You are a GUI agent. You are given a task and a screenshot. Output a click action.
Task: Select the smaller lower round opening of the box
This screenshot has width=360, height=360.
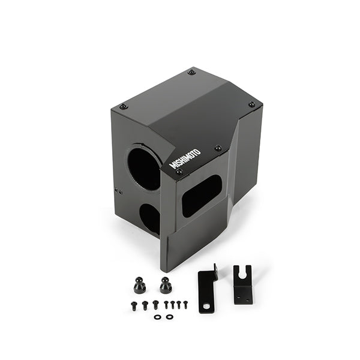point(150,219)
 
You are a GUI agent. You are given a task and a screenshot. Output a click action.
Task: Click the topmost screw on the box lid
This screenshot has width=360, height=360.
point(191,72)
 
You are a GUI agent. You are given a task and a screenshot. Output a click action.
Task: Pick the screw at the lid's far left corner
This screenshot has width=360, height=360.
point(124,107)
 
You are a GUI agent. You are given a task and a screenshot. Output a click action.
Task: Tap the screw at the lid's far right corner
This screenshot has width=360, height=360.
point(251,104)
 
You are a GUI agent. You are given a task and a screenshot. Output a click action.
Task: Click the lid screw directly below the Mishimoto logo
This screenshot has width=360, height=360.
point(179,172)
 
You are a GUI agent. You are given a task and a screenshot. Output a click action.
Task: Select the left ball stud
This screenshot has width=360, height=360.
point(140,285)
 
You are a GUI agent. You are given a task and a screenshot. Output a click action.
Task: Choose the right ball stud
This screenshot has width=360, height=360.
point(165,284)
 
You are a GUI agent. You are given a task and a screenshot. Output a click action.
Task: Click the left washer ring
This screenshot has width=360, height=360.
point(157,316)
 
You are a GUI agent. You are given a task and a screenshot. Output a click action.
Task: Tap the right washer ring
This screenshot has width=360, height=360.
point(169,316)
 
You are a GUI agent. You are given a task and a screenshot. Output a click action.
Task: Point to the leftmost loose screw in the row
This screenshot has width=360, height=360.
point(134,305)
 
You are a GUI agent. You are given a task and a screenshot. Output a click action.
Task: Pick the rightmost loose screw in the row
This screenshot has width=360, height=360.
point(185,304)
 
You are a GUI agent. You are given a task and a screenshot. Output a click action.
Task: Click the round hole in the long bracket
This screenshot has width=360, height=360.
point(206,307)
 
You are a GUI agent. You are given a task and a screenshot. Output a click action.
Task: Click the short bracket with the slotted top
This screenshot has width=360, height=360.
point(243,284)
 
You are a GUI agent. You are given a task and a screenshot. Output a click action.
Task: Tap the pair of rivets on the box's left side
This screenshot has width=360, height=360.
point(119,192)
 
